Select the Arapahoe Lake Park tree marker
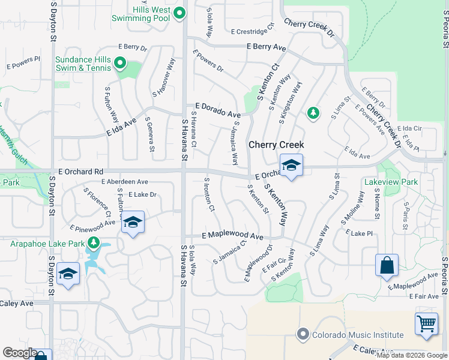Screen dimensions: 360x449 (x=93, y=243)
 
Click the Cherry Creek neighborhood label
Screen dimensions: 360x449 (x=276, y=145)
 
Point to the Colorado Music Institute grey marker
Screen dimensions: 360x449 (x=303, y=334)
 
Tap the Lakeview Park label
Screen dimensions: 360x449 (x=391, y=181)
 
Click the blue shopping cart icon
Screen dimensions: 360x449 (x=426, y=323)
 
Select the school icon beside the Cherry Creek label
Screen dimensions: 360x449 (x=291, y=166)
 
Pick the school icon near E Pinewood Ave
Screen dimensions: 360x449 (x=133, y=223)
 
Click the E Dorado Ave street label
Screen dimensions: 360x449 (x=217, y=110)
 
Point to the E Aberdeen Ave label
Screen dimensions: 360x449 (x=125, y=181)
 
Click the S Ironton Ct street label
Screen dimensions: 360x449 (x=209, y=194)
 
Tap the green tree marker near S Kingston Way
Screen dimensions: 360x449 (x=312, y=112)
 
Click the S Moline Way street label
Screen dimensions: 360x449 (x=352, y=208)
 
